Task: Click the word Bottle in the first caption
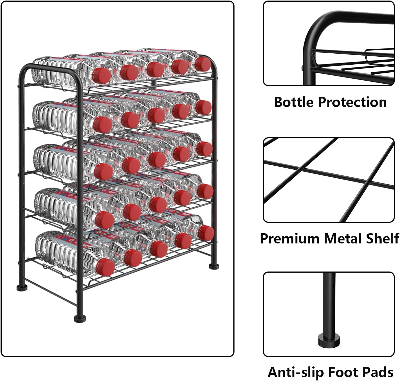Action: (294, 102)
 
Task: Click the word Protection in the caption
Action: (352, 102)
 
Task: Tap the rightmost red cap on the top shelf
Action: (203, 64)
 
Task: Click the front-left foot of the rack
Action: (80, 319)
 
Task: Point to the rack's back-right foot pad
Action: (214, 266)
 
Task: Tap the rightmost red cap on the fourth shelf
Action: (205, 191)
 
